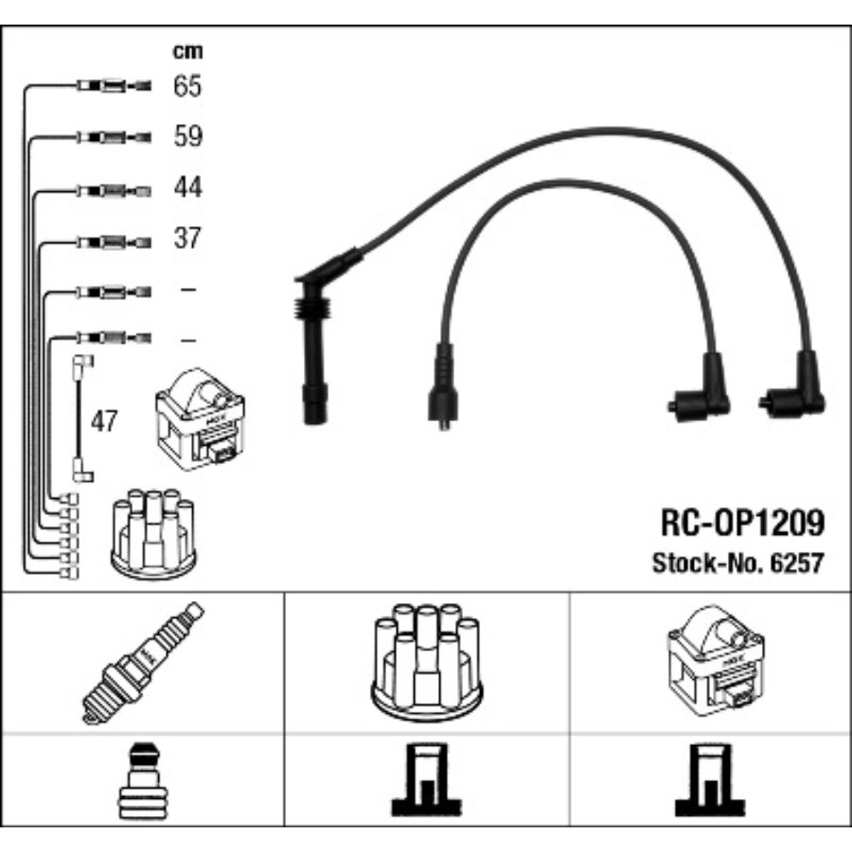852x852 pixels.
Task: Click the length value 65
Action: [187, 86]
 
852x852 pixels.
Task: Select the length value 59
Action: [187, 136]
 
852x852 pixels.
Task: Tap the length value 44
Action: [187, 187]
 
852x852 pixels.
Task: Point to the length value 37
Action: [187, 238]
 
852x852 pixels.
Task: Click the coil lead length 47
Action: [104, 421]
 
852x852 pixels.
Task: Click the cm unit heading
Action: [186, 51]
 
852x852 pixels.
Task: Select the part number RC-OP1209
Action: [740, 523]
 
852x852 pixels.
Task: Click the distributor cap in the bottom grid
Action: [426, 663]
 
